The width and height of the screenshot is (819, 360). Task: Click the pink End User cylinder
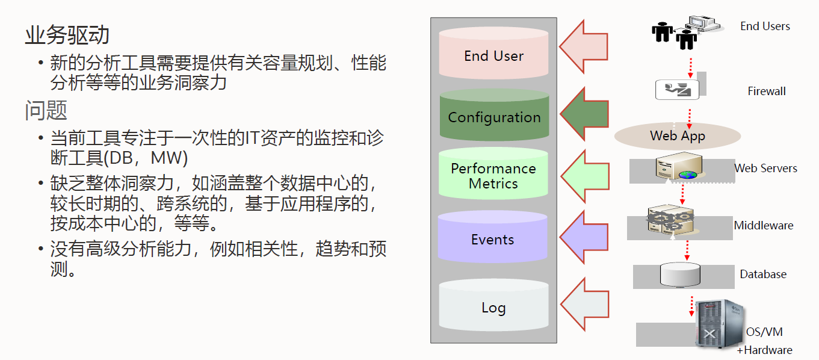coord(493,53)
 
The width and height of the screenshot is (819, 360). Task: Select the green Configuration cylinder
coord(494,115)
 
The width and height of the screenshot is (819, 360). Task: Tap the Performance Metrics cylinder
coord(493,173)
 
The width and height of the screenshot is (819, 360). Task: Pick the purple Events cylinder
coord(492,237)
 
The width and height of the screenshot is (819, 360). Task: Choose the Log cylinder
coord(493,305)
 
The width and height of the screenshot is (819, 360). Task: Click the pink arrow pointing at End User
coord(584,46)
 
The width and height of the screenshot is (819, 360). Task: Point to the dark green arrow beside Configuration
coord(584,114)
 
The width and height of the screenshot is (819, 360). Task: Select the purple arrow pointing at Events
coord(584,237)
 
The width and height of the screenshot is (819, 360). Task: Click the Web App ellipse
coord(678,136)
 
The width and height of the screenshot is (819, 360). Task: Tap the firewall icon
coord(678,89)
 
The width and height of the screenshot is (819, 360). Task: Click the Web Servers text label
coord(765,169)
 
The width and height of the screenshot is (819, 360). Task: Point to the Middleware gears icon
coord(670,220)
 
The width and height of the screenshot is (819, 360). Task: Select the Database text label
coord(763,275)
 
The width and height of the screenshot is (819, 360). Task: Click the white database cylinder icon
coord(680,275)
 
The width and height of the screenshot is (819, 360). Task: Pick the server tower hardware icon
coord(720,324)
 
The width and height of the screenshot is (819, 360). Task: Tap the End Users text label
coord(765,26)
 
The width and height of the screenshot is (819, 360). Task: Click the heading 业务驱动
coord(67,35)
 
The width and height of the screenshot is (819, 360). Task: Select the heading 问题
coord(46,110)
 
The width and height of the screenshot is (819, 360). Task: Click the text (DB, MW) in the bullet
coord(146,158)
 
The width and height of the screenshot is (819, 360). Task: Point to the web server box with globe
coord(679,167)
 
